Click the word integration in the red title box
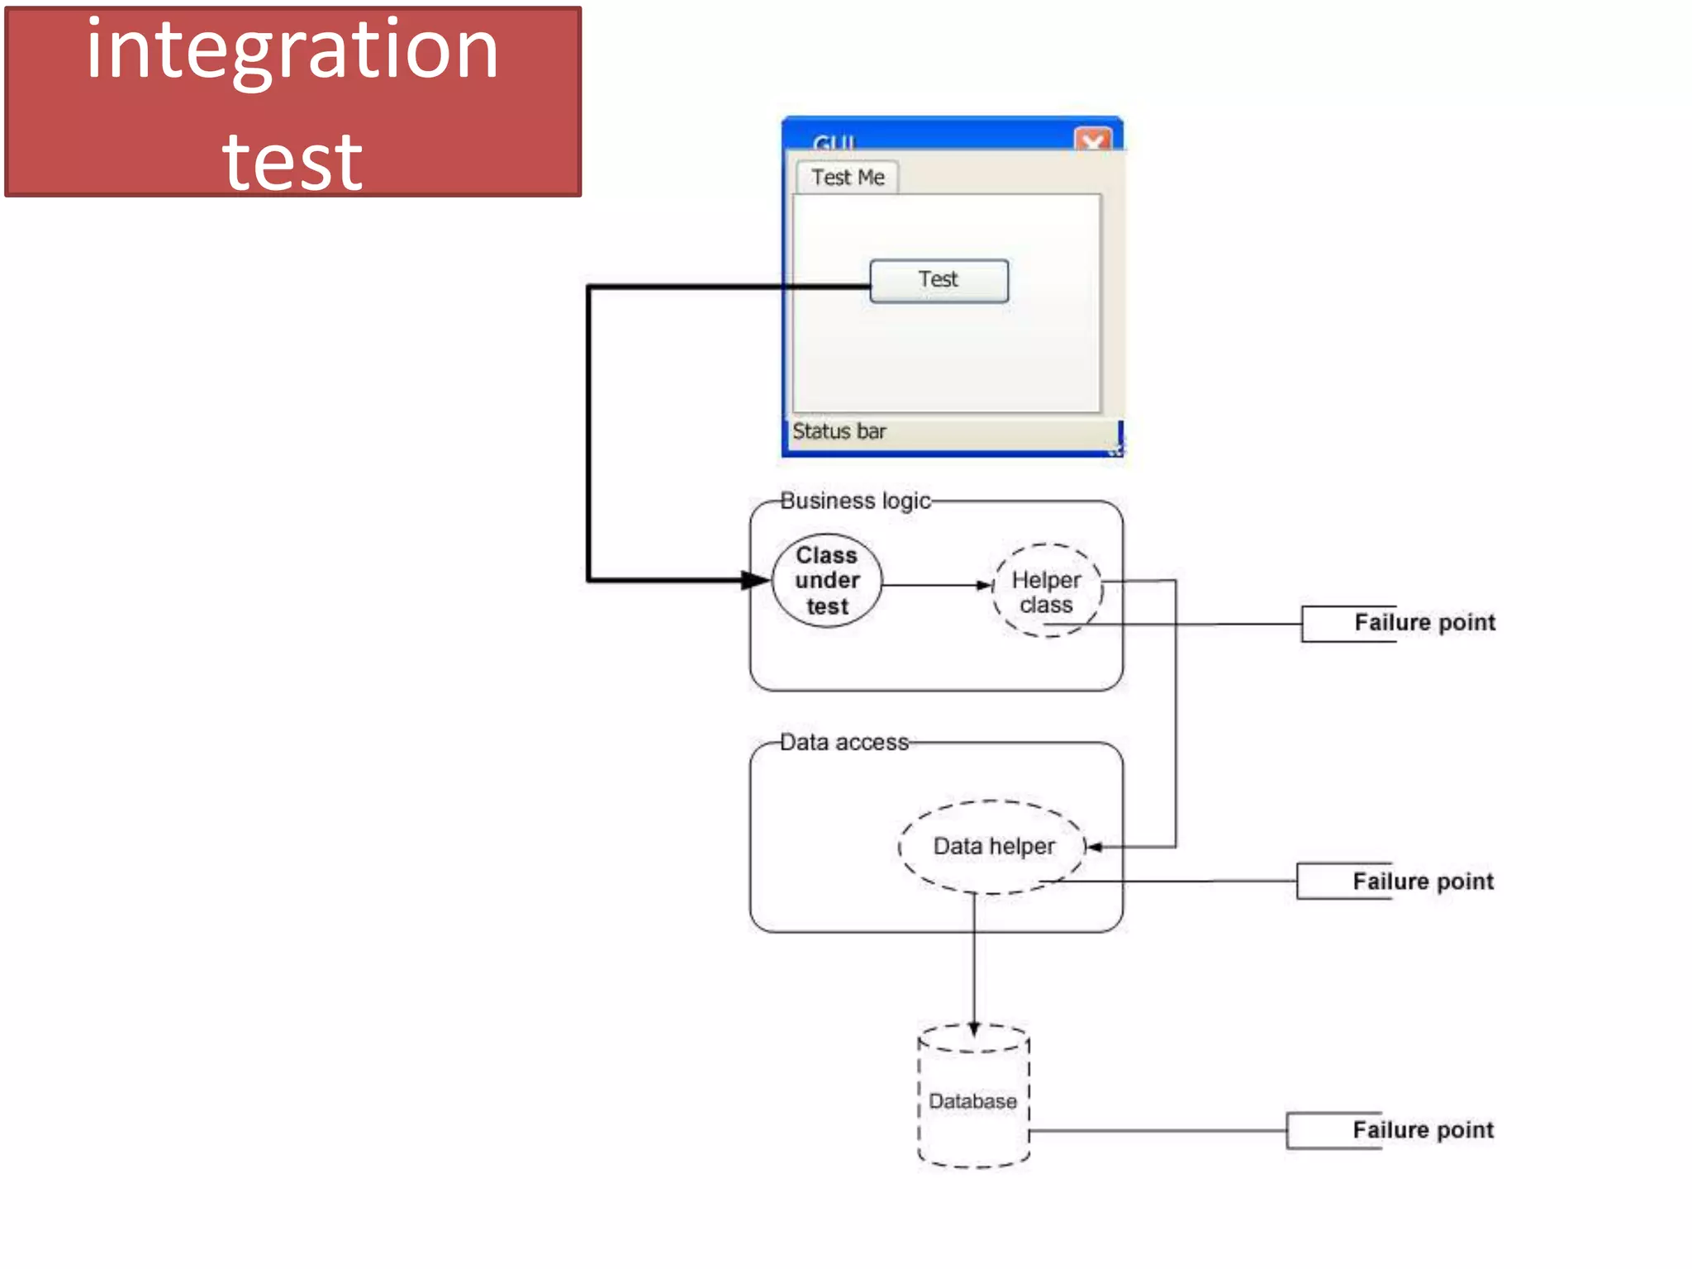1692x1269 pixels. pyautogui.click(x=292, y=51)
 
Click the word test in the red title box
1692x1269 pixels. pyautogui.click(x=292, y=161)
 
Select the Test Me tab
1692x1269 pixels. pyautogui.click(x=848, y=178)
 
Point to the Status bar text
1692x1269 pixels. pyautogui.click(x=839, y=431)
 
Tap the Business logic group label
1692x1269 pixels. pyautogui.click(x=855, y=501)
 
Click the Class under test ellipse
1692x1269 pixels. pyautogui.click(x=827, y=581)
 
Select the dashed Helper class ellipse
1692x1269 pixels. pyautogui.click(x=1047, y=592)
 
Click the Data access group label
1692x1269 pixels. pyautogui.click(x=844, y=742)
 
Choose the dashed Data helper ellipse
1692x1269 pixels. pyautogui.click(x=993, y=847)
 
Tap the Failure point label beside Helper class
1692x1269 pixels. pyautogui.click(x=1423, y=622)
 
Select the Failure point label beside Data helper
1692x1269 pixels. pyautogui.click(x=1423, y=882)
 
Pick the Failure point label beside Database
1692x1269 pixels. pyautogui.click(x=1423, y=1130)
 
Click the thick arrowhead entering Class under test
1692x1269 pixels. pyautogui.click(x=756, y=580)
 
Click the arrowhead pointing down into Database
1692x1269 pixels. pyautogui.click(x=974, y=1029)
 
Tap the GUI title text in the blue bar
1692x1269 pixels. pyautogui.click(x=834, y=143)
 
